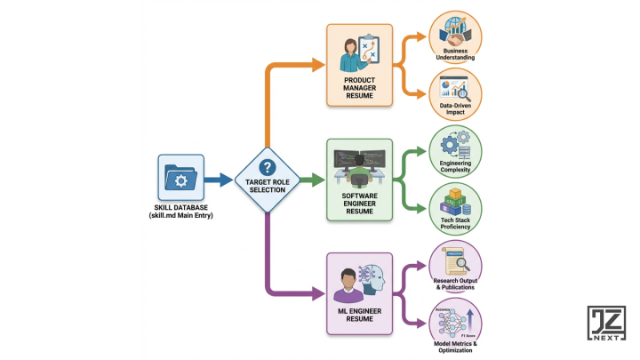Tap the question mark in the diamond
click(266, 167)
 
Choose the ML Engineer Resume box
click(359, 292)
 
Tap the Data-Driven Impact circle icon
click(455, 94)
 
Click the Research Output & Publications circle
click(455, 265)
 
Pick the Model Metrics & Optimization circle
click(455, 325)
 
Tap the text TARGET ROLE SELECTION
click(266, 186)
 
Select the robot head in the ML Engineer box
click(376, 283)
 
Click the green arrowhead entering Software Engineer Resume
click(317, 180)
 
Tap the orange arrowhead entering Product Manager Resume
click(318, 65)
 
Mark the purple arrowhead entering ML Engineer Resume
click(318, 292)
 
